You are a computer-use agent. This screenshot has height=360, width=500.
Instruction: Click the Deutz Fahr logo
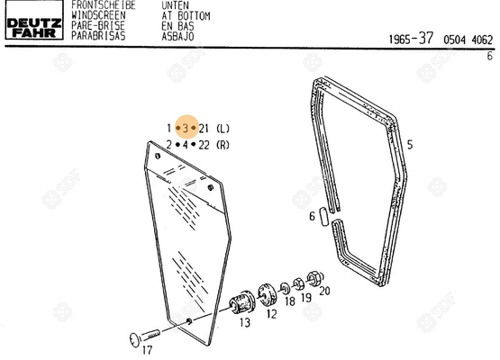tap(34, 20)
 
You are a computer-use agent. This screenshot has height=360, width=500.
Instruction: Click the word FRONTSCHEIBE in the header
tap(104, 5)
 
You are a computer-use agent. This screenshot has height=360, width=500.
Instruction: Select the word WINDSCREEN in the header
tap(98, 15)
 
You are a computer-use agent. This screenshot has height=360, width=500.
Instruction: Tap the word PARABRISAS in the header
tap(98, 36)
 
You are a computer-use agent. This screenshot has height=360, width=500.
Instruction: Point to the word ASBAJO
tap(177, 36)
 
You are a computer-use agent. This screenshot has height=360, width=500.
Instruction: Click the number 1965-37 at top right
tap(411, 39)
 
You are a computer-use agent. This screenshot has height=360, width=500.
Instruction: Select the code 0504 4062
tap(468, 40)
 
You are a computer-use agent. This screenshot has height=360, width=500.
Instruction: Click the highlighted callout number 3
tap(186, 129)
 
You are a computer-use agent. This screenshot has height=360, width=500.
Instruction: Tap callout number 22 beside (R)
tap(204, 145)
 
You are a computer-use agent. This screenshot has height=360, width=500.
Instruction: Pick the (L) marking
tap(223, 129)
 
